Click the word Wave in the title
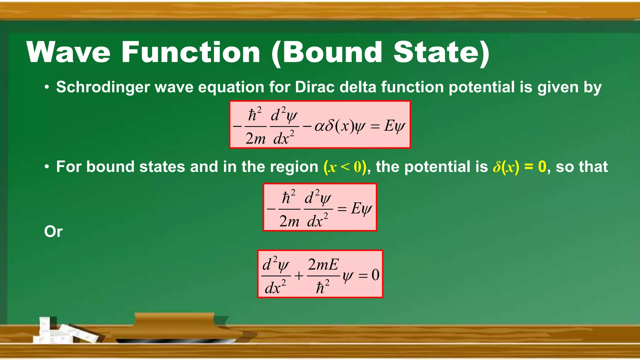(x=68, y=52)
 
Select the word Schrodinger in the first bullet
(x=103, y=87)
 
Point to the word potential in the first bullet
(x=482, y=87)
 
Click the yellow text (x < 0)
(x=345, y=167)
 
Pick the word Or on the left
(x=53, y=232)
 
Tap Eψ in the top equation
(x=394, y=126)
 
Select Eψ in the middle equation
(x=361, y=209)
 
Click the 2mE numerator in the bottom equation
(x=323, y=265)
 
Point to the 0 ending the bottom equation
(x=375, y=275)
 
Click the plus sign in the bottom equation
(x=299, y=276)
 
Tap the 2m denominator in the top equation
(x=255, y=138)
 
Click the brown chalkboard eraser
(x=175, y=327)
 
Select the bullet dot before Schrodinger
(x=47, y=87)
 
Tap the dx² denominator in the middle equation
(x=317, y=221)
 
